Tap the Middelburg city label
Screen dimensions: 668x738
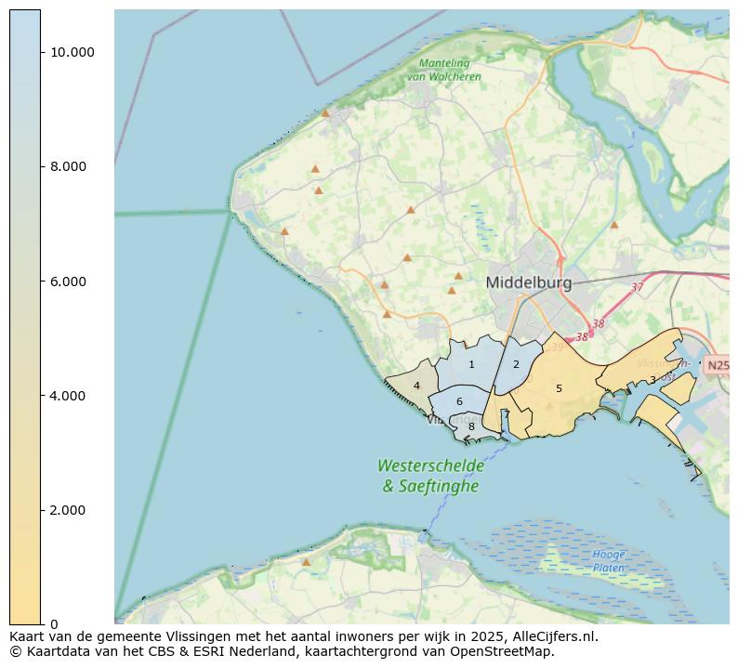coord(529,282)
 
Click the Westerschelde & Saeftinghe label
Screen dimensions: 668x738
coord(430,475)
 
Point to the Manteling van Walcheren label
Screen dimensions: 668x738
coord(450,70)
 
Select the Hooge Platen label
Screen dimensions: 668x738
coord(609,560)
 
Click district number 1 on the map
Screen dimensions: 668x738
coord(471,365)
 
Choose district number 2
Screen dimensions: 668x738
coord(516,365)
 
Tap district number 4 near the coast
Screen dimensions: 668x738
coord(416,386)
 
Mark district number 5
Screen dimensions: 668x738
coord(559,389)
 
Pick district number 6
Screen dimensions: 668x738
coord(459,402)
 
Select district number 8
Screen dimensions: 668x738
coord(471,427)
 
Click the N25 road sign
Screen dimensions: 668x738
coord(718,365)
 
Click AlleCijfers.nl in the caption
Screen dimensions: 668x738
coord(555,637)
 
